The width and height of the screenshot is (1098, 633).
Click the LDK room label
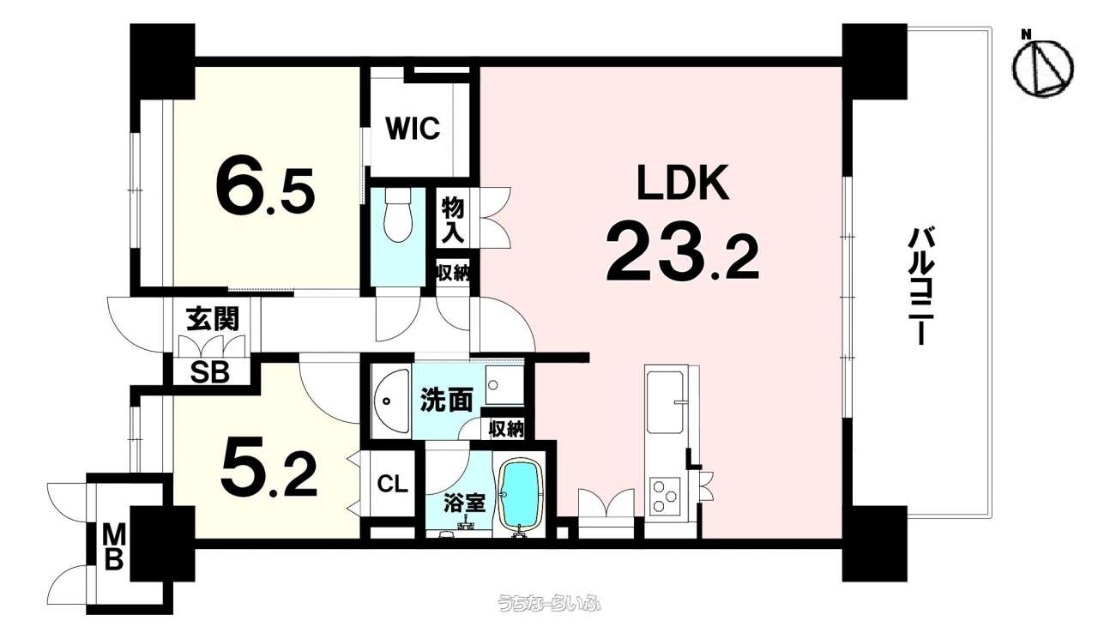(683, 184)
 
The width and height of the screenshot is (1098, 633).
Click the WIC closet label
(413, 128)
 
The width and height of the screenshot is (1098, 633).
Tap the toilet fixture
(397, 215)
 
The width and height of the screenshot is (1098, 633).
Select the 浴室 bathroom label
(464, 503)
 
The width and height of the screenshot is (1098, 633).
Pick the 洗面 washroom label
(447, 400)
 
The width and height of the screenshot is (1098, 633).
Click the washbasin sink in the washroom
(390, 401)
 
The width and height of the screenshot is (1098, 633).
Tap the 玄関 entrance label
(212, 319)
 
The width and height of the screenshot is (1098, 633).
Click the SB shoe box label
(210, 373)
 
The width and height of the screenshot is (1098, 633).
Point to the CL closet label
(392, 484)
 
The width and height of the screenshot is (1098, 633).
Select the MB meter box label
(114, 546)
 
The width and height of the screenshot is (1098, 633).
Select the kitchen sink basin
(665, 401)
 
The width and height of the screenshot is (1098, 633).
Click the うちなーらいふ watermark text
(550, 603)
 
